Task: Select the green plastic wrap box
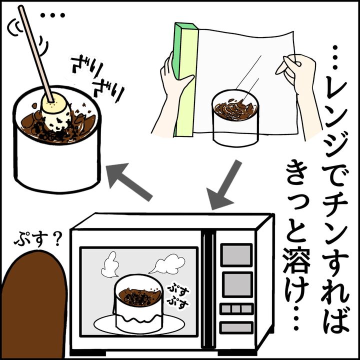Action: pyautogui.click(x=184, y=80)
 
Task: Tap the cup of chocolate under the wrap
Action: pyautogui.click(x=235, y=117)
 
